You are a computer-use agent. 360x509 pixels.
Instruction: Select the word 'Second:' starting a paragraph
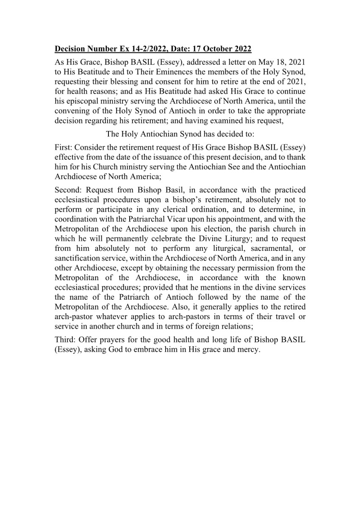(68, 189)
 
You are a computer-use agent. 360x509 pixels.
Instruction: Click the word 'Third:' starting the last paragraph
(65, 342)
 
